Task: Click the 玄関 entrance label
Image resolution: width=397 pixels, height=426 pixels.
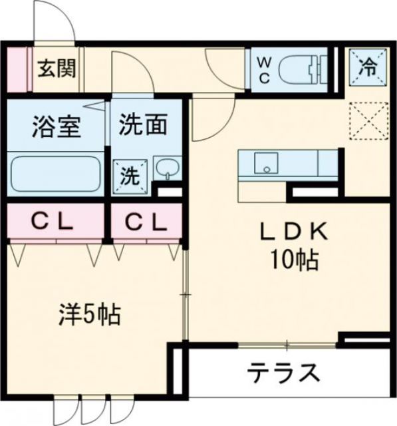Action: (56, 68)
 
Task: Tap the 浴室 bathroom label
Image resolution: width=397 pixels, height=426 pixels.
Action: (56, 126)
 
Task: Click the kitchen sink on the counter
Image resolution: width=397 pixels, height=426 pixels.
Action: (267, 162)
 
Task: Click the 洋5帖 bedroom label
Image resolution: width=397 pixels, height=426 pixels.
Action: (90, 312)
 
